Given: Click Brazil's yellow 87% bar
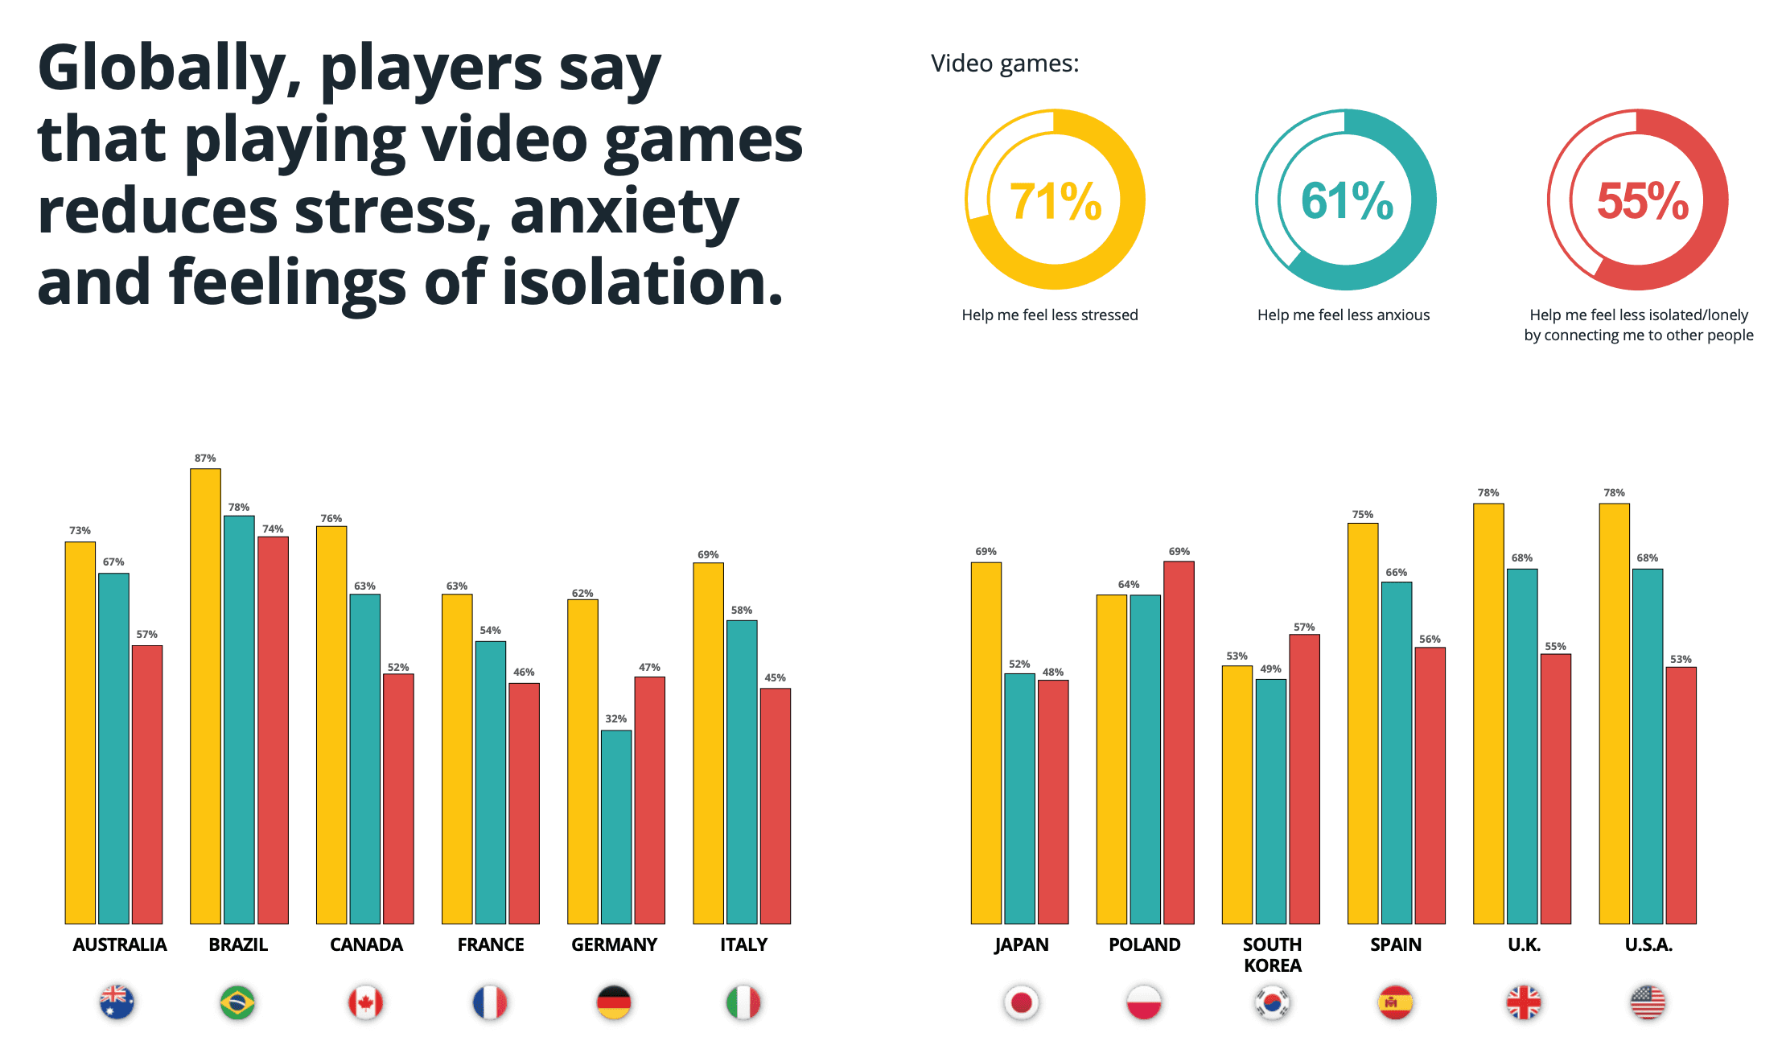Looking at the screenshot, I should [205, 696].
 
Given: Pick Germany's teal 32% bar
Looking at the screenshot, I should [616, 826].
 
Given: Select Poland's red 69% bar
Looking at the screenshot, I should [1179, 742].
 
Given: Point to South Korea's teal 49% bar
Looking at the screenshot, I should [1270, 800].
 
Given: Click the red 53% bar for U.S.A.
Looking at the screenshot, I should [1681, 795].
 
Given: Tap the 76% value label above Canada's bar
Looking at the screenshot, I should [331, 518].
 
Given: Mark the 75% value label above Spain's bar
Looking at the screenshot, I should [1362, 514].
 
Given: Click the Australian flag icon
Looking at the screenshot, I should [117, 1002].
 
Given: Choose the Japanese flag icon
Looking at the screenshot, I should [1021, 1002].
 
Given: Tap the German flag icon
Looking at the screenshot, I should [614, 1002].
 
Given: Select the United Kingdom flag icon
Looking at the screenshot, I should [1523, 1002].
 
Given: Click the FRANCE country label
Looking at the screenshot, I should [491, 944].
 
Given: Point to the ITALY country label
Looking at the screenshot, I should [743, 944].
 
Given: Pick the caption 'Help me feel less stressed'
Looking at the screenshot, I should [1049, 315].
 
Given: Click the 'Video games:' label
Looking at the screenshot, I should [1004, 63].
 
